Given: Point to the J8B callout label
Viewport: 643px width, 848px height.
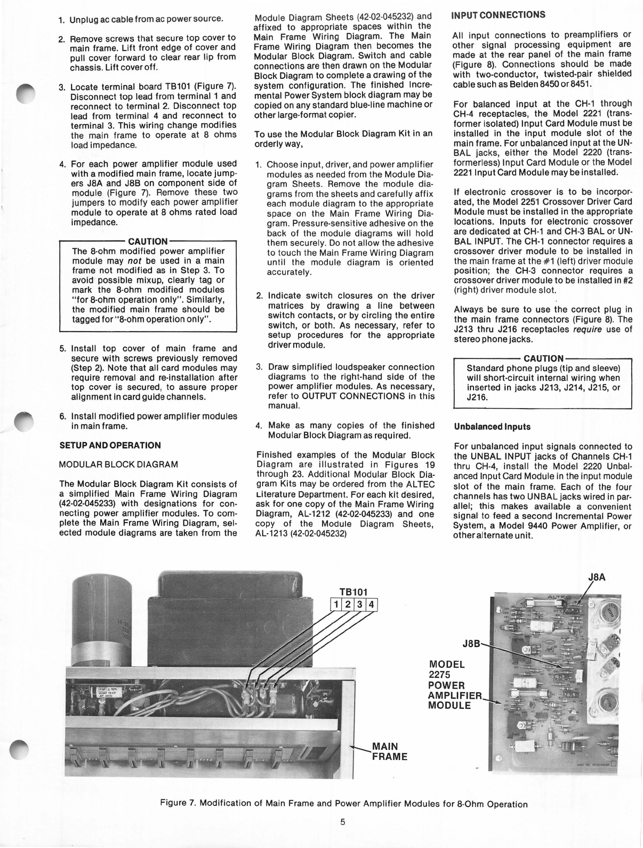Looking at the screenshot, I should [471, 643].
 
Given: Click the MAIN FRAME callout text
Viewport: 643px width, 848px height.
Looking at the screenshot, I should [389, 751].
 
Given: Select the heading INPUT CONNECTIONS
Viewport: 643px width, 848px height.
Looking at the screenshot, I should [499, 14].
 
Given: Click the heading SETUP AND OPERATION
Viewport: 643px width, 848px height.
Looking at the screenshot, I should [110, 445].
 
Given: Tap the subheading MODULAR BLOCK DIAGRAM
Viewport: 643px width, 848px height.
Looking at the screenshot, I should [118, 464].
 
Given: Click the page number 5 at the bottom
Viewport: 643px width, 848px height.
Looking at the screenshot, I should [343, 821].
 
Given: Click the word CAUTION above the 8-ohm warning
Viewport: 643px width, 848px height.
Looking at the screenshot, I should [148, 241].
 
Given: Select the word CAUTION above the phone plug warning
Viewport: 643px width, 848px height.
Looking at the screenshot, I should [543, 358].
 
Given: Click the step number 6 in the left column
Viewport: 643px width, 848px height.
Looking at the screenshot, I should [62, 417].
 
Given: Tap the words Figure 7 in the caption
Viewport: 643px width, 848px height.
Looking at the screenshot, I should [183, 804].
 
